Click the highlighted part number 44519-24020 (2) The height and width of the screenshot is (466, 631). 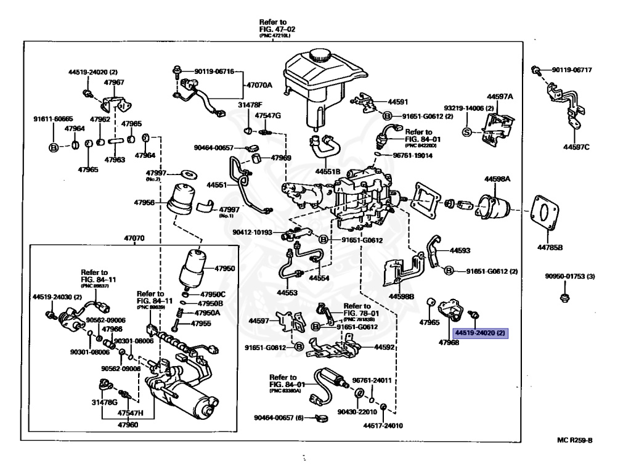[481, 333]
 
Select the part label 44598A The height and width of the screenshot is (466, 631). [497, 179]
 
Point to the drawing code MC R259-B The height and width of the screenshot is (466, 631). [574, 440]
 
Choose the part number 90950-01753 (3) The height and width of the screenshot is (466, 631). [569, 276]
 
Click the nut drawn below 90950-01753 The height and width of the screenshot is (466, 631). [563, 298]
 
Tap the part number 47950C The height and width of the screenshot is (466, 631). [213, 293]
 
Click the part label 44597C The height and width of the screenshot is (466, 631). [576, 147]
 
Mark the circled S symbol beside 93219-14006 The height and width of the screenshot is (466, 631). [466, 131]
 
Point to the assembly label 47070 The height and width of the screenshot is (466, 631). [134, 238]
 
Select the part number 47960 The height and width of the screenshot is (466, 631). [128, 425]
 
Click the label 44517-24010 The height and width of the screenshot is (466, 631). [382, 425]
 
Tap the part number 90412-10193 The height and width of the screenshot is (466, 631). [251, 232]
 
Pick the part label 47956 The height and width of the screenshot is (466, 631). [147, 202]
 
